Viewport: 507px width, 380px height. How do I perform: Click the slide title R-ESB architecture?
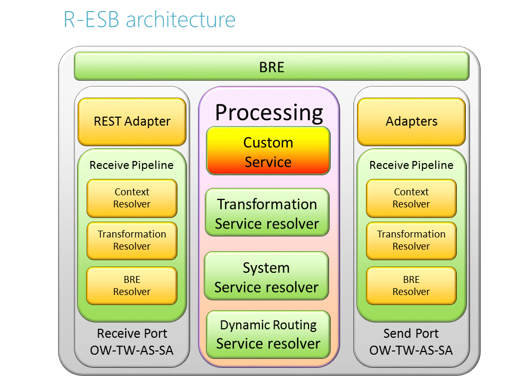(x=149, y=20)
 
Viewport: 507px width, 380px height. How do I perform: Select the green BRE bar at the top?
(x=271, y=66)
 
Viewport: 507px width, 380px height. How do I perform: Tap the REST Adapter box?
(x=132, y=121)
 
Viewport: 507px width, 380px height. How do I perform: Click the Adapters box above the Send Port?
(x=411, y=121)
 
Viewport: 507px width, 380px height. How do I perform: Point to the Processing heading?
(x=269, y=112)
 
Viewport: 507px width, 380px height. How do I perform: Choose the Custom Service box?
(x=268, y=152)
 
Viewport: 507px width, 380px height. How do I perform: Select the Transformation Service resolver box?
(x=267, y=213)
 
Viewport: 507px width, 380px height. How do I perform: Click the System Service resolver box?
(x=267, y=277)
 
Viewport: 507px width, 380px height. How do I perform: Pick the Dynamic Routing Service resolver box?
(x=268, y=334)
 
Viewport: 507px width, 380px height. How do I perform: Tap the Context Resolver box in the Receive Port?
(x=132, y=198)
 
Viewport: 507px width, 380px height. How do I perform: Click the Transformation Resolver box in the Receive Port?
(x=132, y=240)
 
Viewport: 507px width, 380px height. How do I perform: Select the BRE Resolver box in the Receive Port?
(x=132, y=286)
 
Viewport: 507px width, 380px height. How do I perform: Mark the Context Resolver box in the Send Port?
(x=411, y=198)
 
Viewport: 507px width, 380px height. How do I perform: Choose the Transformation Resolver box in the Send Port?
(x=411, y=240)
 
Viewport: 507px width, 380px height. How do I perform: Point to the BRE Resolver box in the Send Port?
(x=411, y=286)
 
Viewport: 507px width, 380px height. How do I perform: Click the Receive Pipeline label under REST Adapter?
(x=132, y=165)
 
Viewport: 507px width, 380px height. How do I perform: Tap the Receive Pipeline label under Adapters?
(x=411, y=165)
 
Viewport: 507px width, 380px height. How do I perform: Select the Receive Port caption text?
(x=132, y=334)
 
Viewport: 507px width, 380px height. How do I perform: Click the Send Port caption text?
(x=411, y=334)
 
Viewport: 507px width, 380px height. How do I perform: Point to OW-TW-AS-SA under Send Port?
(x=411, y=350)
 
